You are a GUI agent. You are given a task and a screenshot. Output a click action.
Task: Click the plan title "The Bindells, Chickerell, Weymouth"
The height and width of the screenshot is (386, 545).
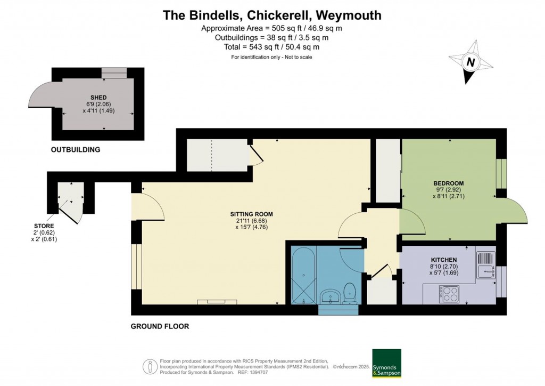click(x=272, y=15)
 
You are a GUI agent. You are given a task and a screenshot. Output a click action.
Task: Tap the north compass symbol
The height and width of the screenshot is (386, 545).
click(x=470, y=63)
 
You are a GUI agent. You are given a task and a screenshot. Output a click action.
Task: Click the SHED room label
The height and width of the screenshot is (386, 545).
click(x=98, y=97)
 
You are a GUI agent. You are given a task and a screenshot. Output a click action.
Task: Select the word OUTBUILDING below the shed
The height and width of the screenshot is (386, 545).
click(x=76, y=150)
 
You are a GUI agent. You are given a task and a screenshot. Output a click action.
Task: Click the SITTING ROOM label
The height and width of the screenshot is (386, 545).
click(x=251, y=214)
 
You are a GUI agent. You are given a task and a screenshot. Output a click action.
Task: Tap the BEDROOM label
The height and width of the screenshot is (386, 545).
click(x=449, y=183)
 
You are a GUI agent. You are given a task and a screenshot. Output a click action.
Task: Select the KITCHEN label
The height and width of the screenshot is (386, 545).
click(x=444, y=260)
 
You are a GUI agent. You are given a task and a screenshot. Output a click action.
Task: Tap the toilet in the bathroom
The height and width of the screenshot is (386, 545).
click(x=350, y=293)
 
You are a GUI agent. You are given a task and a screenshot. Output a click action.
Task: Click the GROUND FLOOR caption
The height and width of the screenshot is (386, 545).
click(x=160, y=326)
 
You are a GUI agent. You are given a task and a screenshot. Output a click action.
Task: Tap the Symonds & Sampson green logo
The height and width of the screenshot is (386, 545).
click(x=386, y=363)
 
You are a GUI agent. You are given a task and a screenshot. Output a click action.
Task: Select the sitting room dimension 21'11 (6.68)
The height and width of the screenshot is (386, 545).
click(x=251, y=221)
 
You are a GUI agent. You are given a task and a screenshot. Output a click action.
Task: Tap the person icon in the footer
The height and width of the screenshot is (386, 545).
click(x=150, y=366)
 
